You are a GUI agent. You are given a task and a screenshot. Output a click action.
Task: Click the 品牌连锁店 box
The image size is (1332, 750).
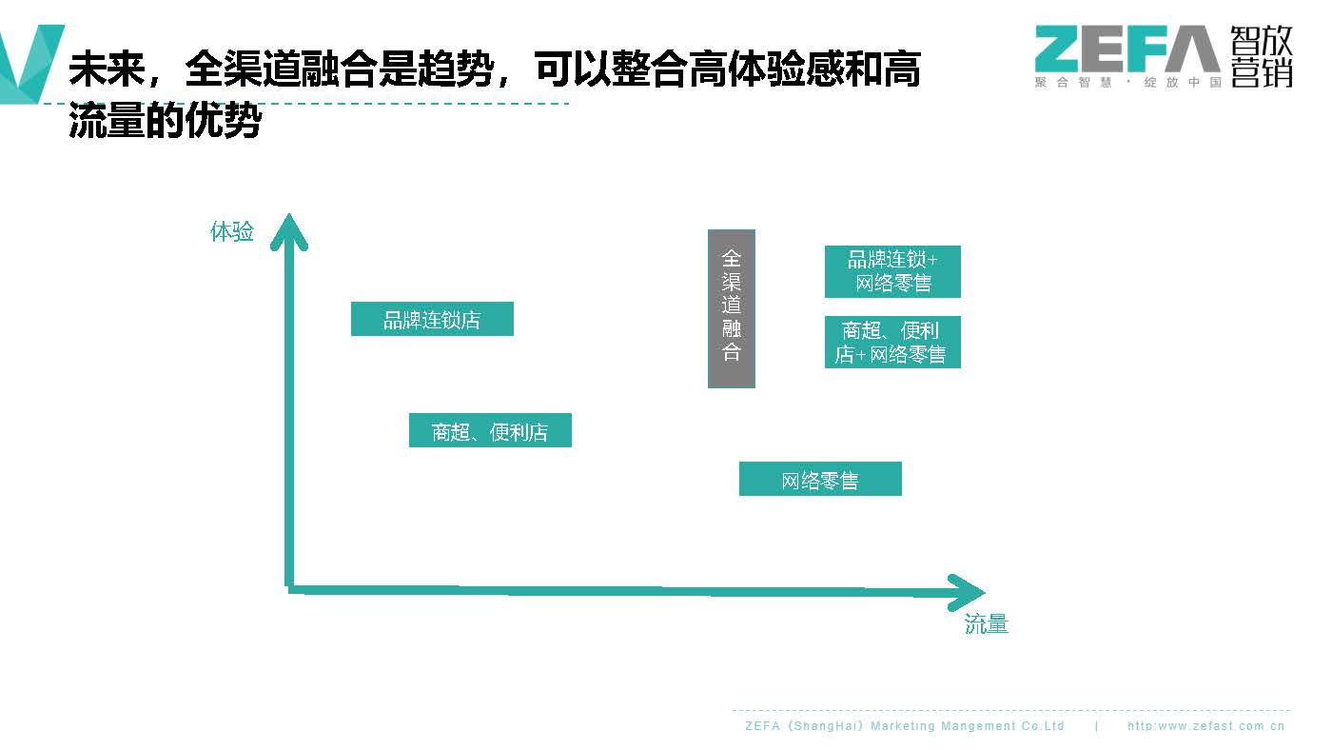432,320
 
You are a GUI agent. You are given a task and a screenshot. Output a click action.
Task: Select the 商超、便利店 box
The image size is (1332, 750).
490,431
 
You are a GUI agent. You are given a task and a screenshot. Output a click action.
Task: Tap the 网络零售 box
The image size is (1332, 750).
820,480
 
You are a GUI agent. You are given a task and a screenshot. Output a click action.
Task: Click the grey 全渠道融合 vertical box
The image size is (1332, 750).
731,308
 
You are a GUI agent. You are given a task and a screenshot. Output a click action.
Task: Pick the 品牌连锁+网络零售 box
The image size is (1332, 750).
892,271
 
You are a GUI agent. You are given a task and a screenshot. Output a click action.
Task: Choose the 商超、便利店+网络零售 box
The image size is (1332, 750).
892,343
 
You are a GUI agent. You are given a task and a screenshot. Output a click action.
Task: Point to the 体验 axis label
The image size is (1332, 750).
232,231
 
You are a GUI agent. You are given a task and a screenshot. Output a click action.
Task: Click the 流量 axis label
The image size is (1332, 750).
986,624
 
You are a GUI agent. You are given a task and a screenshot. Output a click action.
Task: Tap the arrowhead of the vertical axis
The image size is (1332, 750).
289,232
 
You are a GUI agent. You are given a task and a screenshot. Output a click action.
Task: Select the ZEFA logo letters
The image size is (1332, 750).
1126,49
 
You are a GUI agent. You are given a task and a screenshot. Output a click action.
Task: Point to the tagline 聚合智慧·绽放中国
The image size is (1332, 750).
1127,83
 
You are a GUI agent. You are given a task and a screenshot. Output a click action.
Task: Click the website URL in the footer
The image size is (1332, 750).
1205,726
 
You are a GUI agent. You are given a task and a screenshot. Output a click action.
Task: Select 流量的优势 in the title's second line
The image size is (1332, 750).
165,123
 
